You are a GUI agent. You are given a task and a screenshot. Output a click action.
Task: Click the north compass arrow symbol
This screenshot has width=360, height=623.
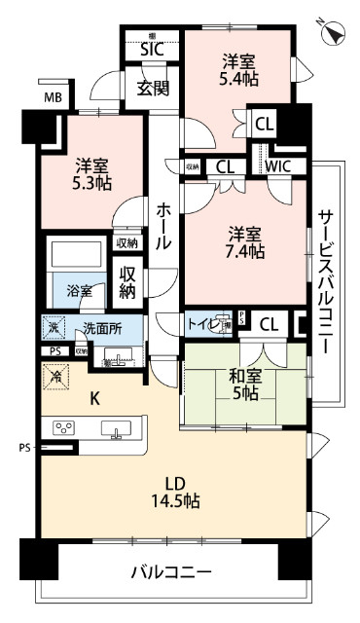[x=336, y=32]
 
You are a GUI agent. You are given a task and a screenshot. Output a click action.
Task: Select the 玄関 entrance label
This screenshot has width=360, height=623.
[x=153, y=90]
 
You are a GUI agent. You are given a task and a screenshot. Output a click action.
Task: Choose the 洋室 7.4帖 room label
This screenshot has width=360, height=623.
[x=245, y=242]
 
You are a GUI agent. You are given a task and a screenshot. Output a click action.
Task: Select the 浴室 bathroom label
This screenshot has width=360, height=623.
[x=80, y=291]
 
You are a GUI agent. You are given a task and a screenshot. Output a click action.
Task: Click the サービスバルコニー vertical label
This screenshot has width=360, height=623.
[x=327, y=282]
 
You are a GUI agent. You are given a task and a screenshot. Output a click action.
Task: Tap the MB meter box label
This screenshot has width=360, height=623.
[x=52, y=97]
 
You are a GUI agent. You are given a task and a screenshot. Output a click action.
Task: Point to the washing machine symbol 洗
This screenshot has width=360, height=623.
[x=55, y=328]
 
